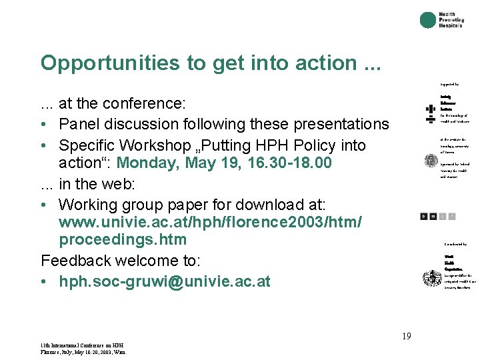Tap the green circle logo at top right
click(x=428, y=20)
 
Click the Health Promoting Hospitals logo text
click(x=451, y=20)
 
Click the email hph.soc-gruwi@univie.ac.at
click(x=165, y=281)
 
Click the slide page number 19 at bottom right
click(x=406, y=336)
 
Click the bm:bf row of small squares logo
click(x=438, y=216)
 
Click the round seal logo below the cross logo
click(x=431, y=161)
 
